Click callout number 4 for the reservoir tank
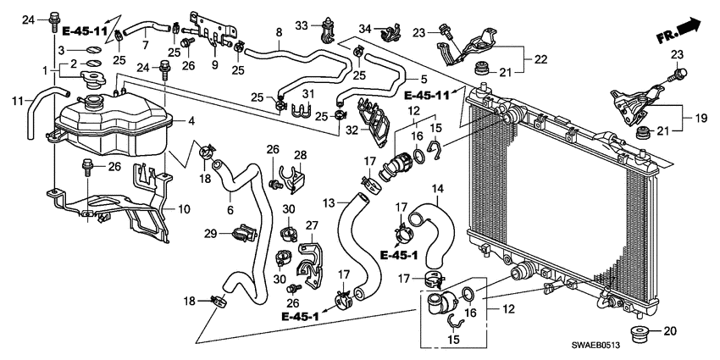[193, 121]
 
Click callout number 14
[437, 188]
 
